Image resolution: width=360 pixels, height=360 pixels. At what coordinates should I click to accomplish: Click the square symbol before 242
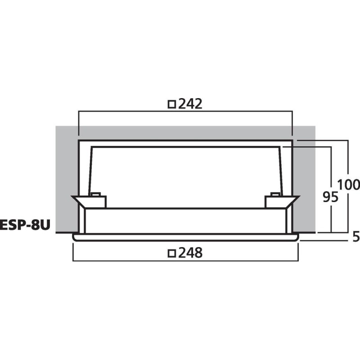click(171, 104)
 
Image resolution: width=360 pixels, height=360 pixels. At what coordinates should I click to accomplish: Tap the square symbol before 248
click(171, 254)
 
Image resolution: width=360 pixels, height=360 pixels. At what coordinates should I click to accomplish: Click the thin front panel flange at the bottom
click(185, 237)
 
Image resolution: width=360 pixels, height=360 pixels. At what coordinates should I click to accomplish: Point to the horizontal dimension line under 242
click(185, 112)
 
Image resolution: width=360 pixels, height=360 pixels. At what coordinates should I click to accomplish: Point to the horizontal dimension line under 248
click(185, 261)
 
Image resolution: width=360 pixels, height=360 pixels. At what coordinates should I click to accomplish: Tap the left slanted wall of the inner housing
click(90, 171)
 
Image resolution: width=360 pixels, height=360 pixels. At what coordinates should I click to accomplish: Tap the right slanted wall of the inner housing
click(281, 171)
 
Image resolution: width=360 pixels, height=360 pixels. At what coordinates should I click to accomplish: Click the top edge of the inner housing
click(185, 147)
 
